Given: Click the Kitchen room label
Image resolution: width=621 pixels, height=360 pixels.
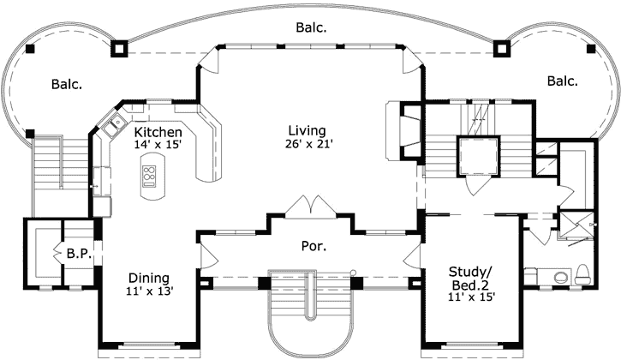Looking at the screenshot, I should point(158,132).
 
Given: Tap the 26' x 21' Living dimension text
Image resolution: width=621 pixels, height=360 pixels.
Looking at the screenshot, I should point(308,145).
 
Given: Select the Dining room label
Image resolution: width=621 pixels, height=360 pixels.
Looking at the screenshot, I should point(148,278).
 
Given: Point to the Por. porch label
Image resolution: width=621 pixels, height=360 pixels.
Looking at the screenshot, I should point(311,247).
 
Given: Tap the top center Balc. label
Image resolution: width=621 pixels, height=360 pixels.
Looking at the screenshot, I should point(310,27).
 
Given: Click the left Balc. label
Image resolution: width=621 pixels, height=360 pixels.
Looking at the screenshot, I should point(66,84).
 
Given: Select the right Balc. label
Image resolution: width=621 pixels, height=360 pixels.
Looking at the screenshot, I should point(562,81).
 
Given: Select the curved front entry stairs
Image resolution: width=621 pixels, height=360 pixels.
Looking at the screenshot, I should point(310,313).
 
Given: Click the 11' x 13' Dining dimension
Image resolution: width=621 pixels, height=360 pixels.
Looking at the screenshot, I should point(148,292).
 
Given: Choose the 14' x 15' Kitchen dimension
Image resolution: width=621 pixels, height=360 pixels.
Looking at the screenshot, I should point(158,146).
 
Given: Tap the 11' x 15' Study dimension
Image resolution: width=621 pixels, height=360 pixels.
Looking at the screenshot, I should point(471,297).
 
